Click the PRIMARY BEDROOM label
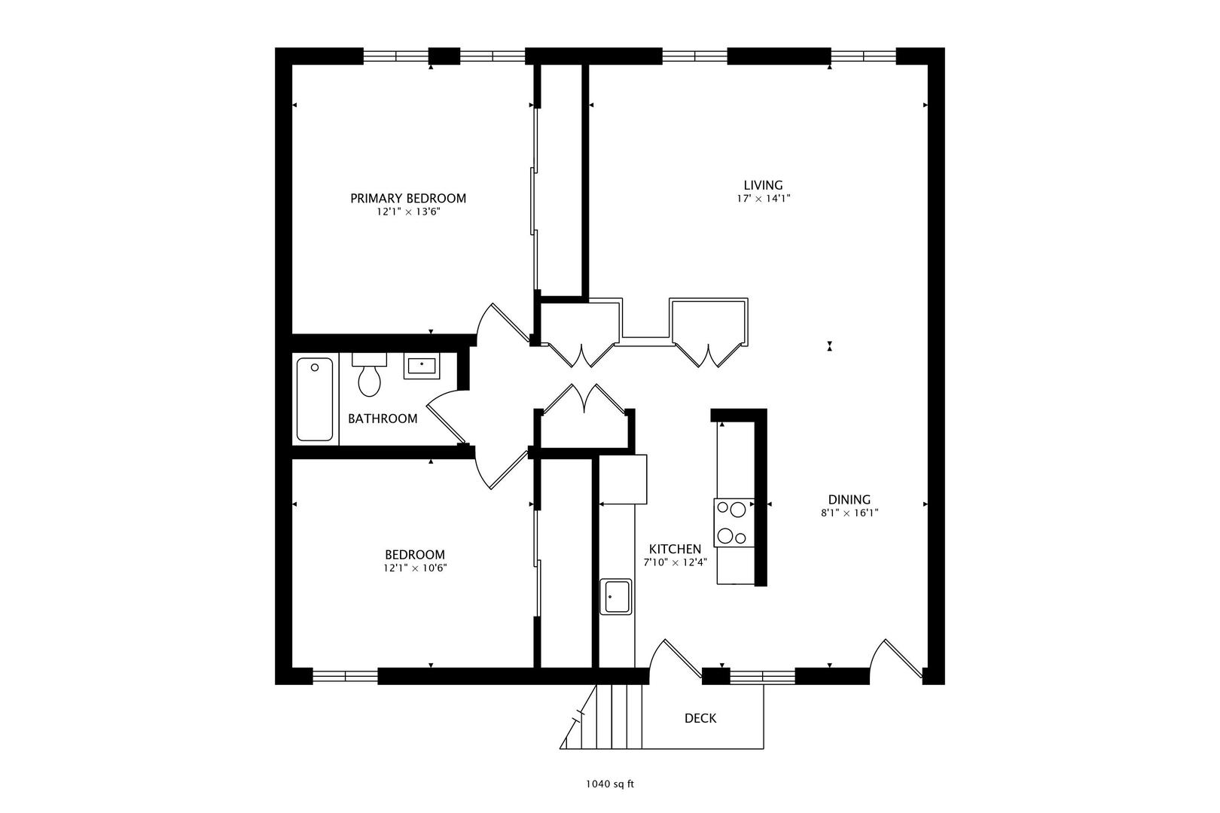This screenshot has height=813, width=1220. [x=407, y=198]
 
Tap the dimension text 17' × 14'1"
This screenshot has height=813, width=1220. [x=763, y=199]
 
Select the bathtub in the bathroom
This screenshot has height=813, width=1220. [x=315, y=399]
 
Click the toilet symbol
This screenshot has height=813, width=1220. [x=369, y=376]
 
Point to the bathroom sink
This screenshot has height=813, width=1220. [x=421, y=367]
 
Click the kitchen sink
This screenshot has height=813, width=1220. [x=615, y=596]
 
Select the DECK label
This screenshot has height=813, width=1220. [x=700, y=718]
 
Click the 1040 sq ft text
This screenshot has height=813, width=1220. [x=610, y=784]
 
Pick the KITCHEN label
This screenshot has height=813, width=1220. [x=675, y=550]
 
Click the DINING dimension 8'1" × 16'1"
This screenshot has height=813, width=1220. [x=849, y=513]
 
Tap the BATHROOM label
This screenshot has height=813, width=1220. [x=382, y=419]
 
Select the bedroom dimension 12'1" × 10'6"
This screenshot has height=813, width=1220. [x=414, y=568]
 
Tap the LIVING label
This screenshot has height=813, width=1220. [x=763, y=184]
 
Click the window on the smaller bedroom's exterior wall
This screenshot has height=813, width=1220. [x=345, y=675]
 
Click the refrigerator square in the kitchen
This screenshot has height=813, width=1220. [x=623, y=480]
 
